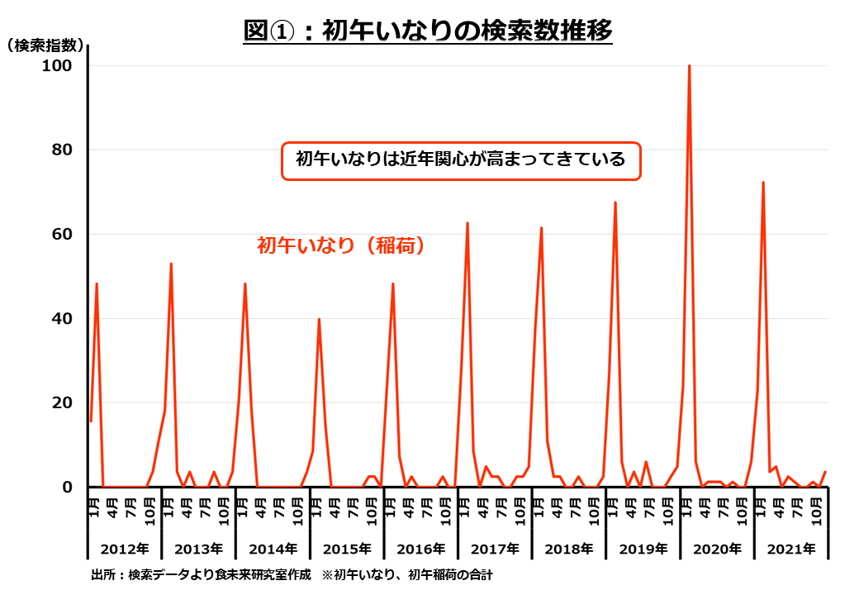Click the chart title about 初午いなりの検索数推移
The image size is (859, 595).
point(428,31)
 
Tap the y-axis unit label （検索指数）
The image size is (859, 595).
point(44,46)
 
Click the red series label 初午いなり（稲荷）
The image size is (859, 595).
point(341,245)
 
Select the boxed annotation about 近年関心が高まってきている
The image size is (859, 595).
point(461,160)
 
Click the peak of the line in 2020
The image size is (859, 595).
point(689,66)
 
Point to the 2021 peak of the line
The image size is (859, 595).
point(763,183)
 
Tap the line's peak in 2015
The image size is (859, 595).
point(319,319)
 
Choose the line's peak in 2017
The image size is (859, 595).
point(467,223)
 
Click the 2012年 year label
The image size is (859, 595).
point(124,548)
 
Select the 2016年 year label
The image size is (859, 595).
point(420,548)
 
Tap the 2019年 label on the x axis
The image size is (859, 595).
point(643,548)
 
